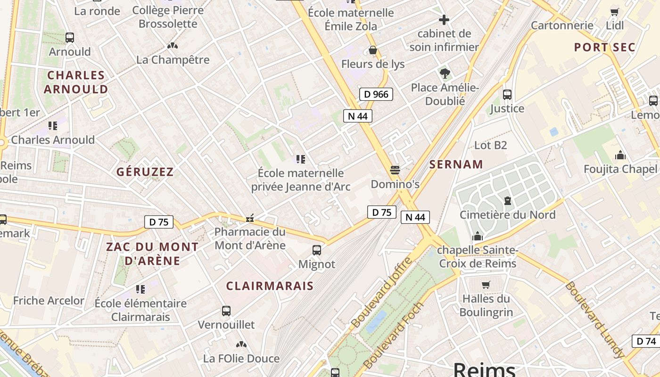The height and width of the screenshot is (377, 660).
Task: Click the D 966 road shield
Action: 376,94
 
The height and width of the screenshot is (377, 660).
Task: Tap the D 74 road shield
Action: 646,341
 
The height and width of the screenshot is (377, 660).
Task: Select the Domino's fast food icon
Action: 395,170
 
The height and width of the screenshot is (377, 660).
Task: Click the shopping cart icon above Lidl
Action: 614,12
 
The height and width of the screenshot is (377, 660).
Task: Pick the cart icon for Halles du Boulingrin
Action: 486,285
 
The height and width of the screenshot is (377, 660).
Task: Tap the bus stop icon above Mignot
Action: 317,250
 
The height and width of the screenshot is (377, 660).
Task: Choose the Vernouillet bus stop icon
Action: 226,311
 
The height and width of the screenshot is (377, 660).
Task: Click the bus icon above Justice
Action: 507,95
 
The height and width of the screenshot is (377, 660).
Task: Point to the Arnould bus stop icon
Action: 70,38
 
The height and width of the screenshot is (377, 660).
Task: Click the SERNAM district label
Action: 456,164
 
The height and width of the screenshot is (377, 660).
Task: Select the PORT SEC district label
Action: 605,48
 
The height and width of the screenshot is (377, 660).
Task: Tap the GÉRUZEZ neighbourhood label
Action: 145,172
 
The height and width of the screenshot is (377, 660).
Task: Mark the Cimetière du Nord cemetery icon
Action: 508,201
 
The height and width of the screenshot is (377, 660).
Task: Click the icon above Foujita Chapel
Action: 620,155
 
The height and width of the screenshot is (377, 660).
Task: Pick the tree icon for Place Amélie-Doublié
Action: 445,73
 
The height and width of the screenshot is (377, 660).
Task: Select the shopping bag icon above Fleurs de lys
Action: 373,50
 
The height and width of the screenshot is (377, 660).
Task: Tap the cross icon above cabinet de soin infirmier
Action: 444,20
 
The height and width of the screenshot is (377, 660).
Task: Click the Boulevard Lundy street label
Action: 595,320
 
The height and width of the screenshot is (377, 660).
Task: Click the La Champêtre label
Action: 173,60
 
